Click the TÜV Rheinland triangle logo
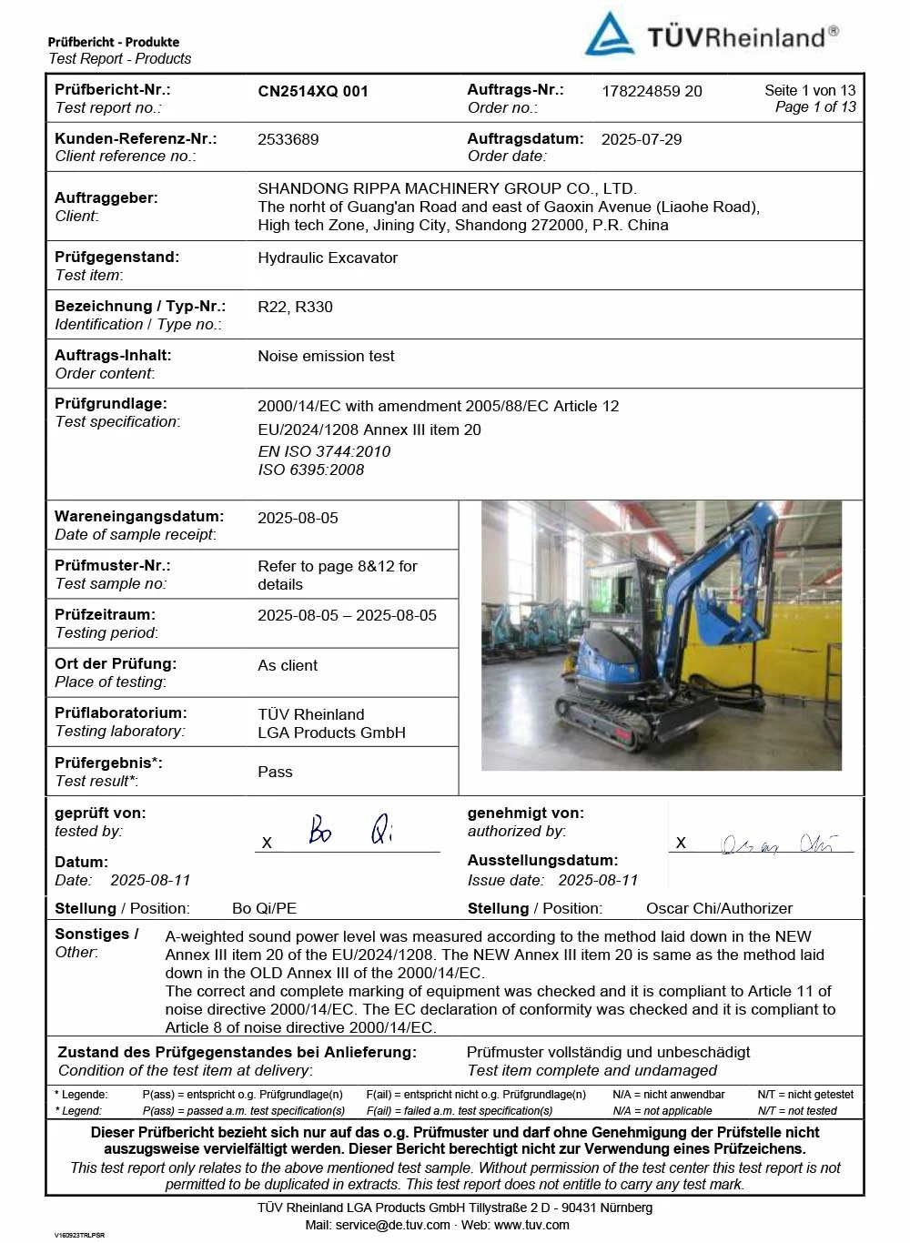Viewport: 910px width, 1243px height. (609, 35)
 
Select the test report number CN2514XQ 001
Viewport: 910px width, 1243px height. (313, 91)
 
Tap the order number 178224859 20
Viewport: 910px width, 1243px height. (652, 91)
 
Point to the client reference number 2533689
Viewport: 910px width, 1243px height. (288, 139)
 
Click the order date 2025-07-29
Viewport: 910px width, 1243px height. (642, 139)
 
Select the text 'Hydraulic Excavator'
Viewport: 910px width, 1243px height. (328, 258)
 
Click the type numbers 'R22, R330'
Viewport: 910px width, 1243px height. (295, 307)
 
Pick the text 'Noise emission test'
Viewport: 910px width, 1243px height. (326, 356)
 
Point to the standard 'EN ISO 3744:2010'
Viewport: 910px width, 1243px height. (324, 451)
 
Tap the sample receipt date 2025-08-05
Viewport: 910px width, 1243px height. (298, 518)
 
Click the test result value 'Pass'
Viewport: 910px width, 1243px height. (275, 772)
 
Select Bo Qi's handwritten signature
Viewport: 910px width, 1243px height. (350, 829)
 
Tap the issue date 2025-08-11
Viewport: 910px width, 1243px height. (598, 880)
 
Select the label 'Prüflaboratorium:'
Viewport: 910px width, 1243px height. (121, 712)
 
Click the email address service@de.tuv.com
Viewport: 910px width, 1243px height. (392, 1225)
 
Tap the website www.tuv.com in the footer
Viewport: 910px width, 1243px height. (531, 1225)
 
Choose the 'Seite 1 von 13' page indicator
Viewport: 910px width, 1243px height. (810, 90)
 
